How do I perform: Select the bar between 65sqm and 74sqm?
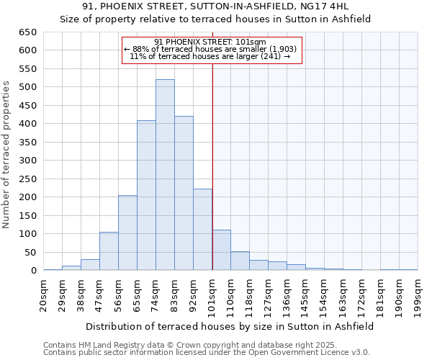146,195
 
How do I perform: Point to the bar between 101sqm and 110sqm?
221,251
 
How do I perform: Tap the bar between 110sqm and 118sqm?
240,261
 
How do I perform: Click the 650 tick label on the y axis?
27,32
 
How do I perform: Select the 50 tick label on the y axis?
30,253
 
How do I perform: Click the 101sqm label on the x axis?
212,295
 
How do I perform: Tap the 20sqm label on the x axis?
44,295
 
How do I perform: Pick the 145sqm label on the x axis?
306,295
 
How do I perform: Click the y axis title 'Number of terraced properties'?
6,154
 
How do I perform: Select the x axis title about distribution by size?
230,326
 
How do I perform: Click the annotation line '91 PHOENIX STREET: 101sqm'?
210,42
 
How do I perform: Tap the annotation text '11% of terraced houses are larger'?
210,56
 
